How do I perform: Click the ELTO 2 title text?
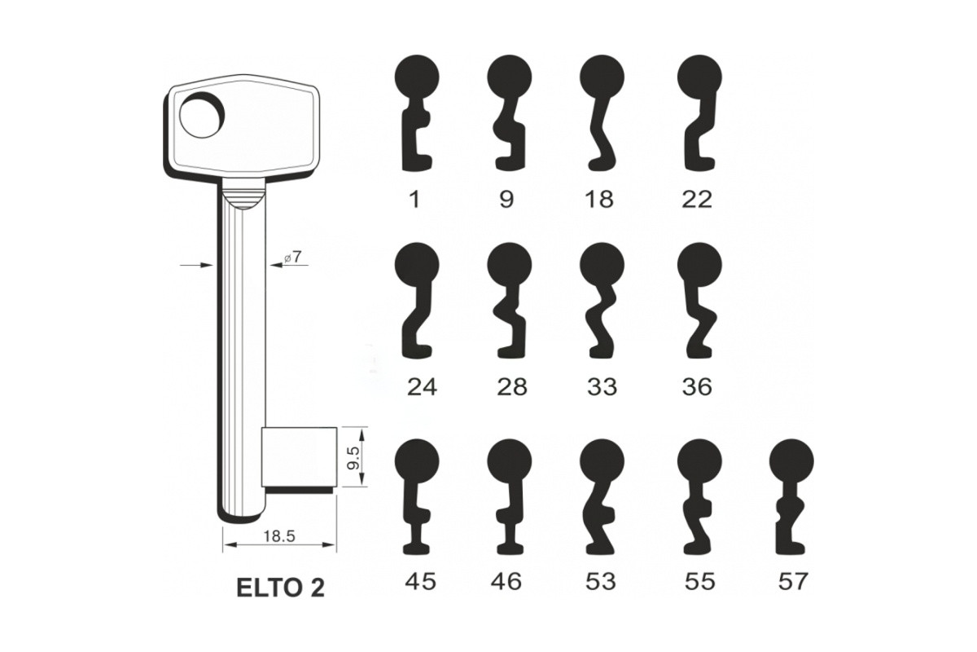280,588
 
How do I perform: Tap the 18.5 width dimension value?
279,536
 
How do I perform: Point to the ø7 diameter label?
292,258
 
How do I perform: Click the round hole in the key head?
202,116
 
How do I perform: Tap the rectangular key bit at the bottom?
299,456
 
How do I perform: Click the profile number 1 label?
414,199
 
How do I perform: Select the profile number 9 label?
506,199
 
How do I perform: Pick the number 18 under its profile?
599,199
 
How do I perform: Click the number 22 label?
697,199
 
